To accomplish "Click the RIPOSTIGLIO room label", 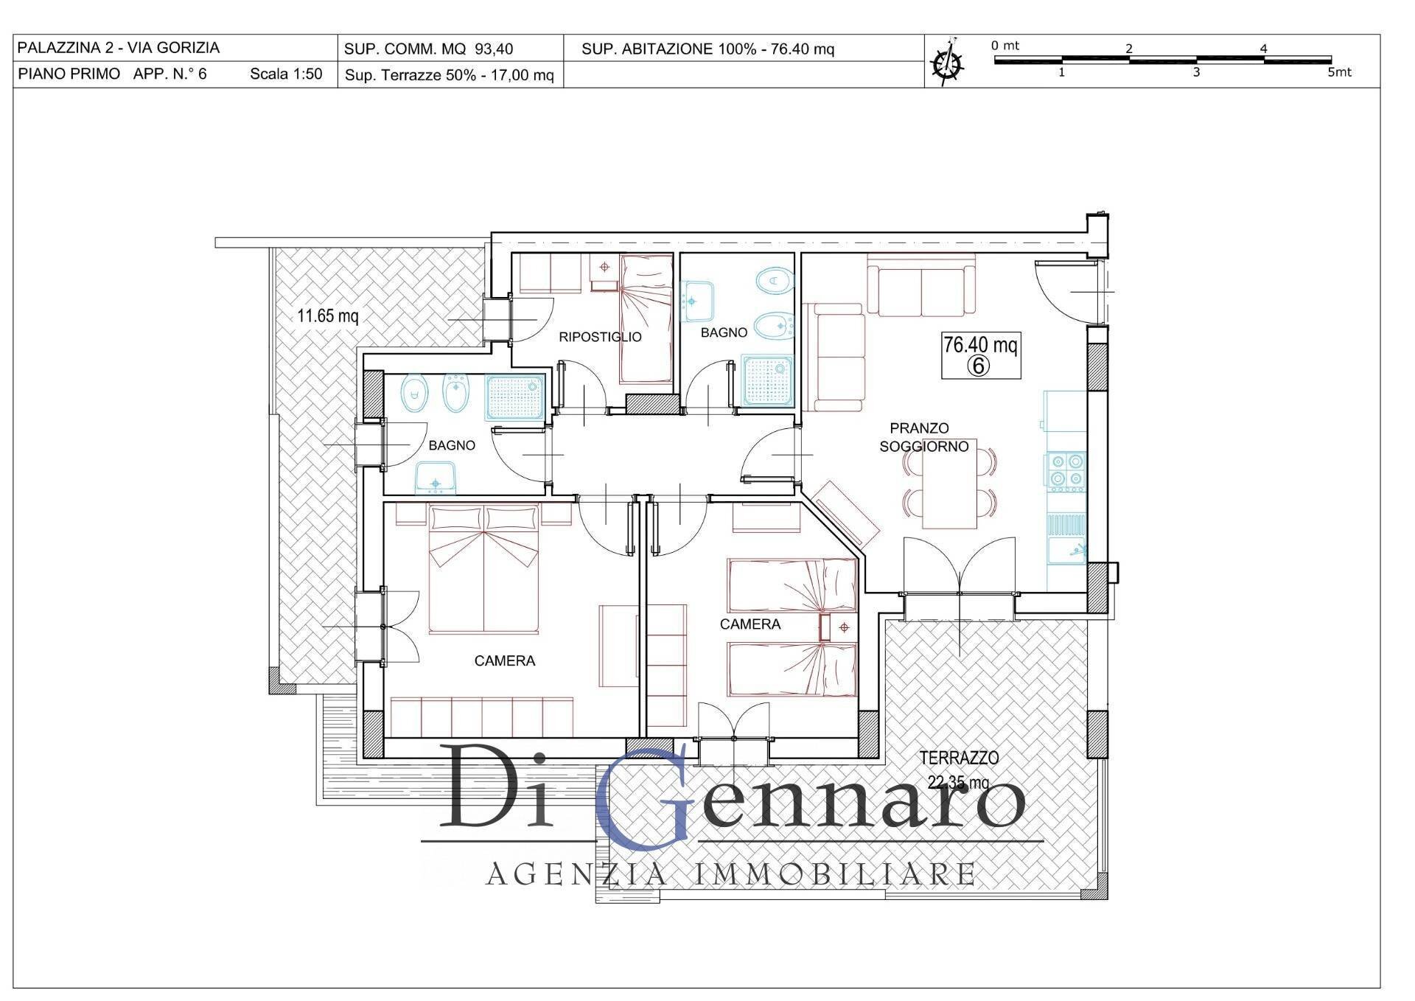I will point(600,337).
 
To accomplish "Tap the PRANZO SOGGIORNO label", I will point(923,437).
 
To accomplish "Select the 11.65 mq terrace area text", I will point(328,316).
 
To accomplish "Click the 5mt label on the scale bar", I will point(1339,73).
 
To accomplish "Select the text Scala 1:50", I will point(286,74).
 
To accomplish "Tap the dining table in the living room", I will point(950,484).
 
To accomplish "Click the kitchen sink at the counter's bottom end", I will point(1066,549).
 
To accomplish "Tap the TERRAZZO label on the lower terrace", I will point(959,757).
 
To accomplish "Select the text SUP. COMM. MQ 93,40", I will point(428,49).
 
